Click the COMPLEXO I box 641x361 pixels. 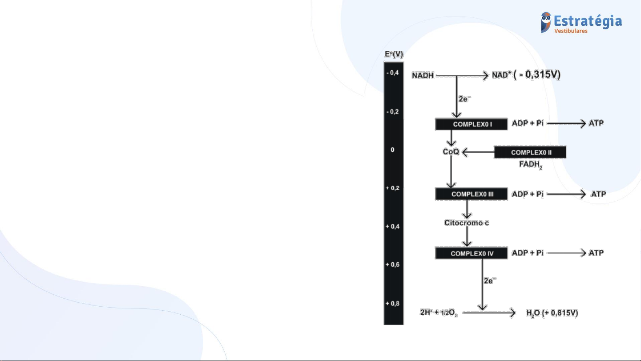tap(472, 124)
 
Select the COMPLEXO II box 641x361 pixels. tap(530, 152)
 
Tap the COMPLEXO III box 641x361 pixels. tap(472, 194)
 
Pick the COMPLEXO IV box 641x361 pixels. tap(472, 253)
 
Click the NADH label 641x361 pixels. tap(423, 75)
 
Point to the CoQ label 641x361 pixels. tap(451, 151)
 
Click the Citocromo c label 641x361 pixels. tap(467, 223)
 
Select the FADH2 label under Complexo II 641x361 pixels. tap(531, 165)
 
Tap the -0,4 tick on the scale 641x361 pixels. tap(393, 73)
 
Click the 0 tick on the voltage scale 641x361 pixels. tap(392, 150)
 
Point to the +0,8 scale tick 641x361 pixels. tap(392, 304)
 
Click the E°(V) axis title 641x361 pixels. tap(394, 54)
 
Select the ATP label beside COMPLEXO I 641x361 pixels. tap(596, 123)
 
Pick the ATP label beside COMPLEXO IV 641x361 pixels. tap(596, 253)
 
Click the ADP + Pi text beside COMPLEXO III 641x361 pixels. tap(528, 194)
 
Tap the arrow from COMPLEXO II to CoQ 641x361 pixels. tap(478, 152)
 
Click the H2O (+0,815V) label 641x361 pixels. tap(552, 313)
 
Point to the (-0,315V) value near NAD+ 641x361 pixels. tap(537, 74)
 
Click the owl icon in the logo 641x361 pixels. tap(546, 22)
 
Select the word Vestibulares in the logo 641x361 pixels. tap(571, 31)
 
